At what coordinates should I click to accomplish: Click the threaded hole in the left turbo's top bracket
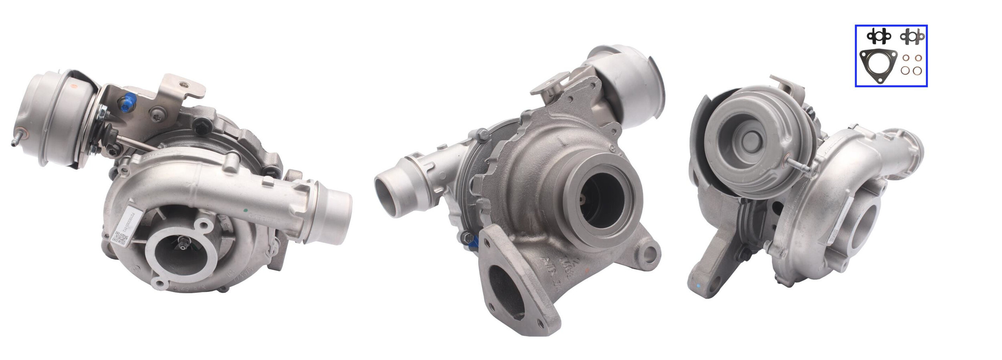[184, 84]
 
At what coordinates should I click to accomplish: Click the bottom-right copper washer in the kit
[917, 71]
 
